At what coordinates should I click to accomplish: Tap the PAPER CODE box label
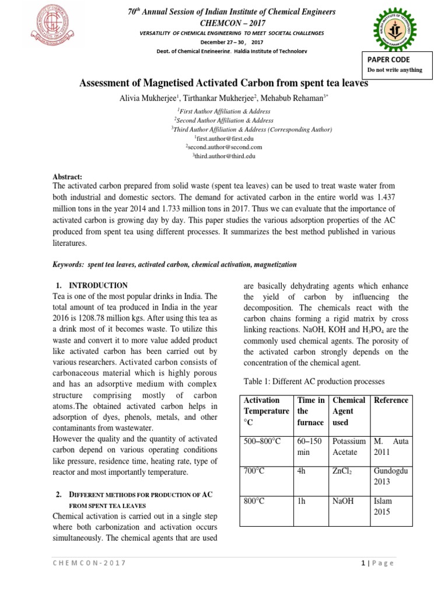point(388,60)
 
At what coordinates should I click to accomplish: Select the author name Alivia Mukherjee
point(146,98)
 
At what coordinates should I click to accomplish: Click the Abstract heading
point(68,176)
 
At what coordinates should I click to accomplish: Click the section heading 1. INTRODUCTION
point(92,286)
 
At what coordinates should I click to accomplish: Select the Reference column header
point(391,400)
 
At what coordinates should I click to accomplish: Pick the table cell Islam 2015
point(383,507)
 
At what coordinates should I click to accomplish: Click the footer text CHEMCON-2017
point(89,563)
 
